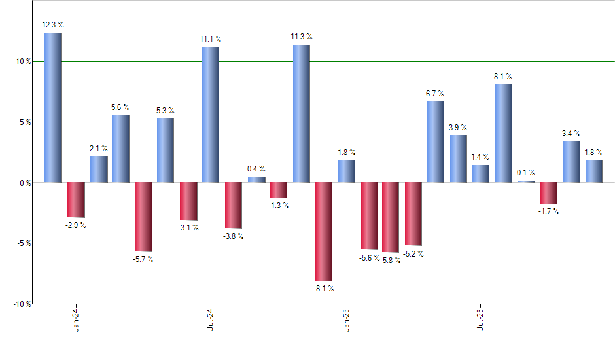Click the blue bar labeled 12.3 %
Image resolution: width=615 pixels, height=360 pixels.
click(x=53, y=107)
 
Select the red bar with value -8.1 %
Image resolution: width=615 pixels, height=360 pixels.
click(x=324, y=231)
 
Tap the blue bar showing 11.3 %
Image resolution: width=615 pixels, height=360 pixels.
click(x=302, y=113)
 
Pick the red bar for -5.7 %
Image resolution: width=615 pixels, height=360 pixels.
click(x=143, y=217)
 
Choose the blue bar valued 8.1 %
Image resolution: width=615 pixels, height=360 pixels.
click(x=504, y=133)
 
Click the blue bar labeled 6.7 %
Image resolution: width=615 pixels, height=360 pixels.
click(x=436, y=141)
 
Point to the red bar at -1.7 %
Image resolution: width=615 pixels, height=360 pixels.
click(x=549, y=193)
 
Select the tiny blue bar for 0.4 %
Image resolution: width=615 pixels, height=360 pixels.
click(x=256, y=179)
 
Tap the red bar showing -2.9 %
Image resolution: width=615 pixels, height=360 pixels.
click(x=76, y=200)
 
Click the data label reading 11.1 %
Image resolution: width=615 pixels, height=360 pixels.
click(x=211, y=39)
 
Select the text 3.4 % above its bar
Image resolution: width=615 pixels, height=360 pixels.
click(x=571, y=134)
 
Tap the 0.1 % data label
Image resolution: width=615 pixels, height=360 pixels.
click(x=526, y=173)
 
